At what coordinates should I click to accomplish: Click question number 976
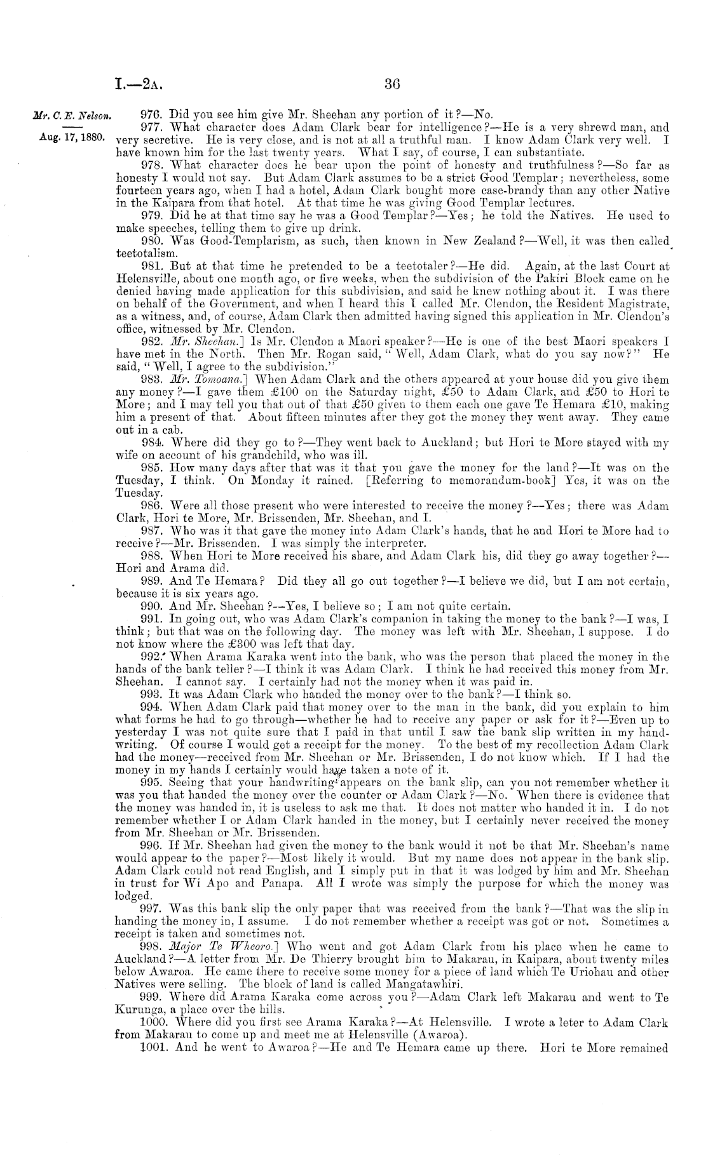tap(149, 115)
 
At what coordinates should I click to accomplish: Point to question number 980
tap(149, 241)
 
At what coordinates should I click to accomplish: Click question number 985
tap(149, 469)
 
